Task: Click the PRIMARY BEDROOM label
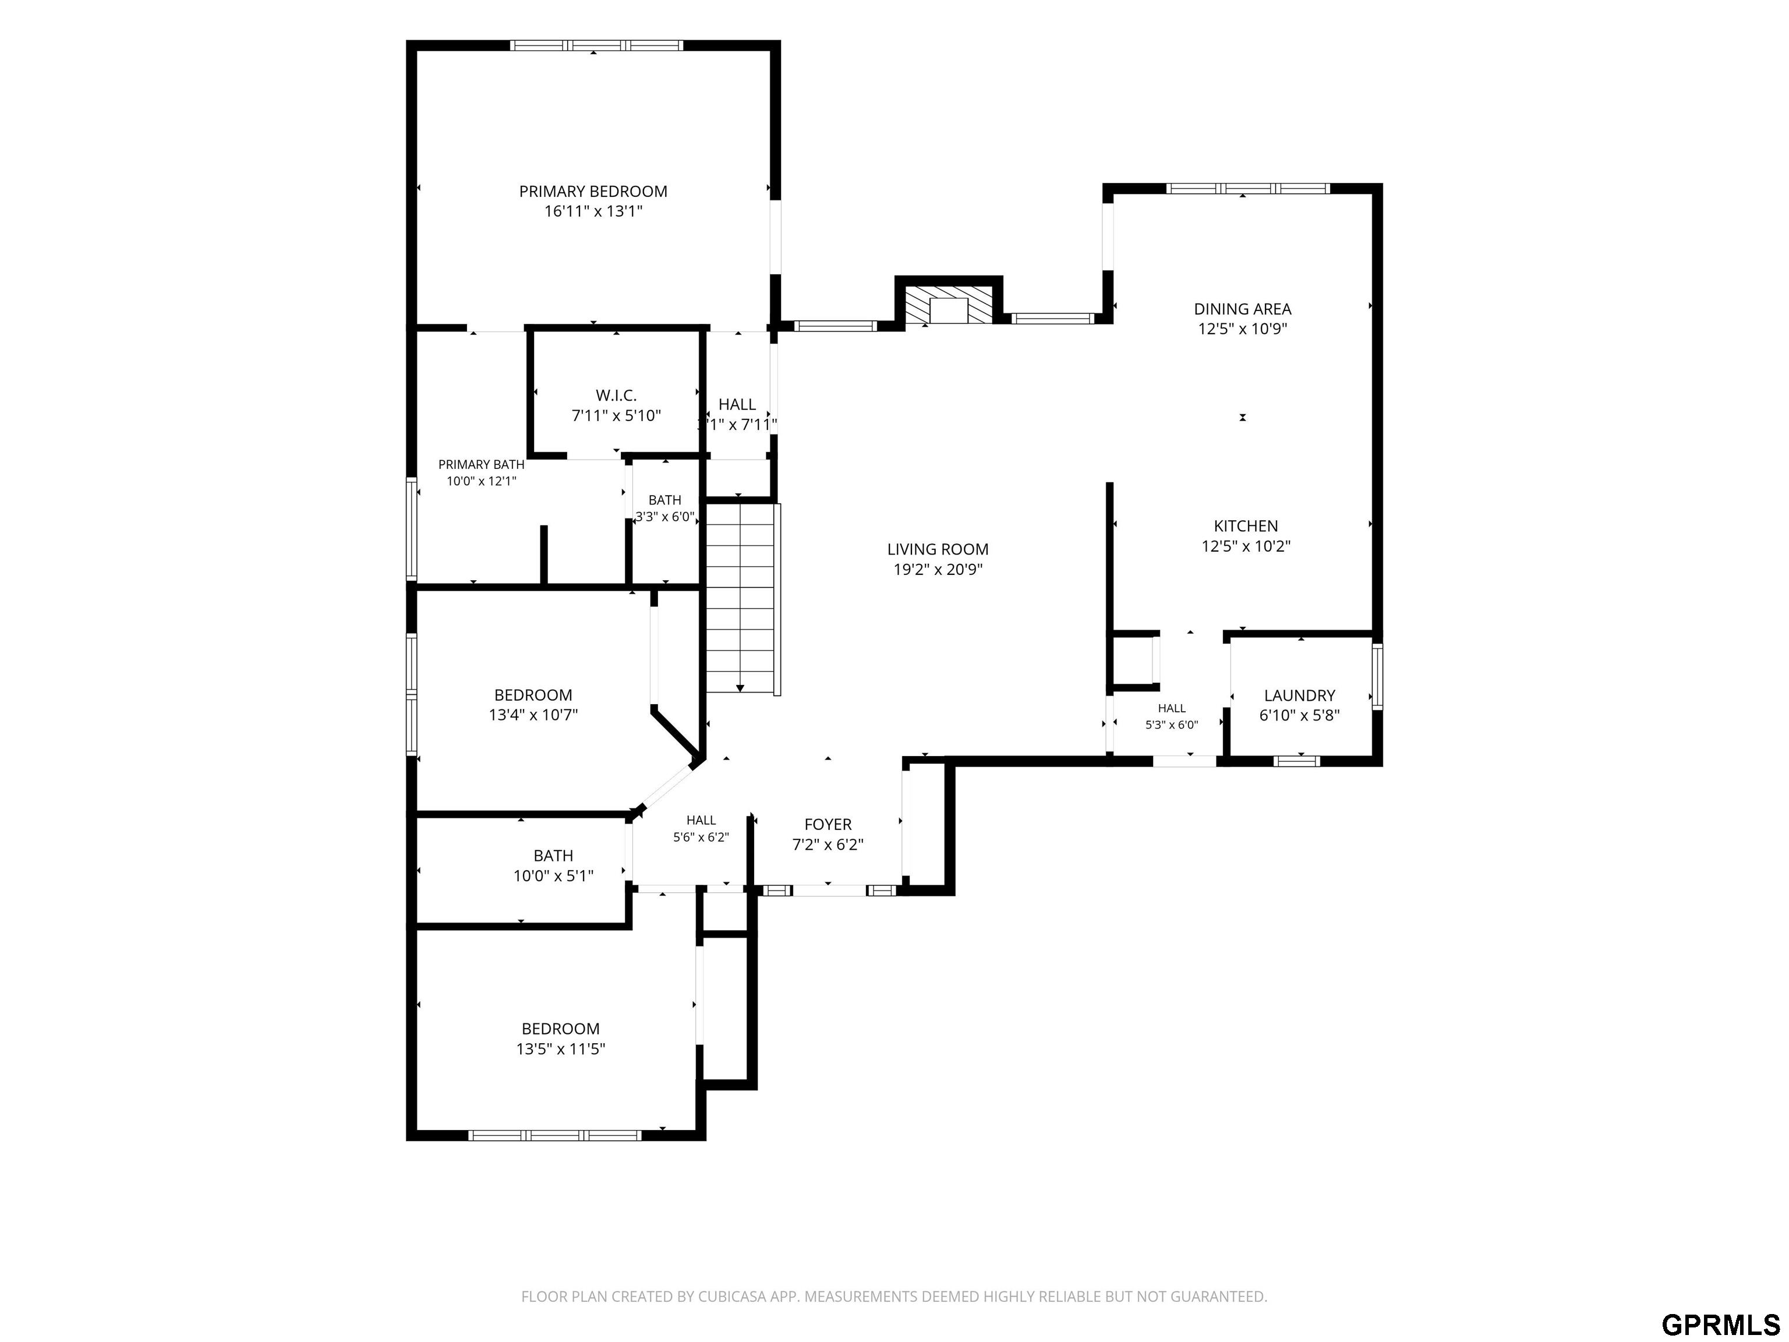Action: [593, 192]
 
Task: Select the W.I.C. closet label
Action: [616, 395]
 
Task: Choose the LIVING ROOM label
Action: [938, 549]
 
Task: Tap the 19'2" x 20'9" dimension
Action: [938, 570]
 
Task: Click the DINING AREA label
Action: [1242, 309]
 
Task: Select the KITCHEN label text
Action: [1246, 526]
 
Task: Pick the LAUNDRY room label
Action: [1300, 695]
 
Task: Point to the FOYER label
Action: [828, 824]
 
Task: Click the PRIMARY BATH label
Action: [481, 464]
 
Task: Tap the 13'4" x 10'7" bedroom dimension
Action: [533, 715]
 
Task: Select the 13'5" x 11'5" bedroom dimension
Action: [560, 1049]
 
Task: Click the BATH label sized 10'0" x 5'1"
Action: [553, 856]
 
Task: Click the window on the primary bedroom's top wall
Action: [597, 45]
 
